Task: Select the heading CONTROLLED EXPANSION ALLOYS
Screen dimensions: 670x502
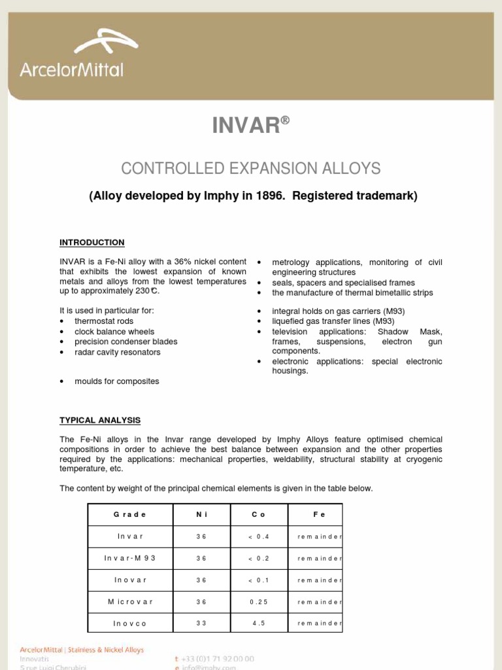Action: point(250,168)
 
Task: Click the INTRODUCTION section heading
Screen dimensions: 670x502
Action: point(92,243)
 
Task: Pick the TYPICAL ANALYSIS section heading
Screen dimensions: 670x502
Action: point(100,420)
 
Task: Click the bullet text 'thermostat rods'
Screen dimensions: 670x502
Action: point(104,321)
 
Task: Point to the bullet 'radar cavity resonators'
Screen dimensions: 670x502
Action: point(117,352)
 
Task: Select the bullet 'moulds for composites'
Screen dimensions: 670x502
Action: point(116,381)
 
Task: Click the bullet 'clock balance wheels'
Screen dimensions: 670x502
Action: point(114,332)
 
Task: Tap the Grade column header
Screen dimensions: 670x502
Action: point(130,515)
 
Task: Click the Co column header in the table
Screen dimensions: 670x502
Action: point(258,515)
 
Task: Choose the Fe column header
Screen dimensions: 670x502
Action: point(319,515)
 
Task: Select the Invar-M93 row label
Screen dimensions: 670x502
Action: point(130,559)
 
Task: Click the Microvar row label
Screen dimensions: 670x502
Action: point(130,601)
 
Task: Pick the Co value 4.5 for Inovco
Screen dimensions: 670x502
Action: point(258,624)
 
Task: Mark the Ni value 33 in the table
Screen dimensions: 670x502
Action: point(201,624)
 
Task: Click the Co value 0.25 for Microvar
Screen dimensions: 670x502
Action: point(258,601)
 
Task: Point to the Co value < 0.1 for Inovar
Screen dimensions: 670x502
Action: point(258,580)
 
